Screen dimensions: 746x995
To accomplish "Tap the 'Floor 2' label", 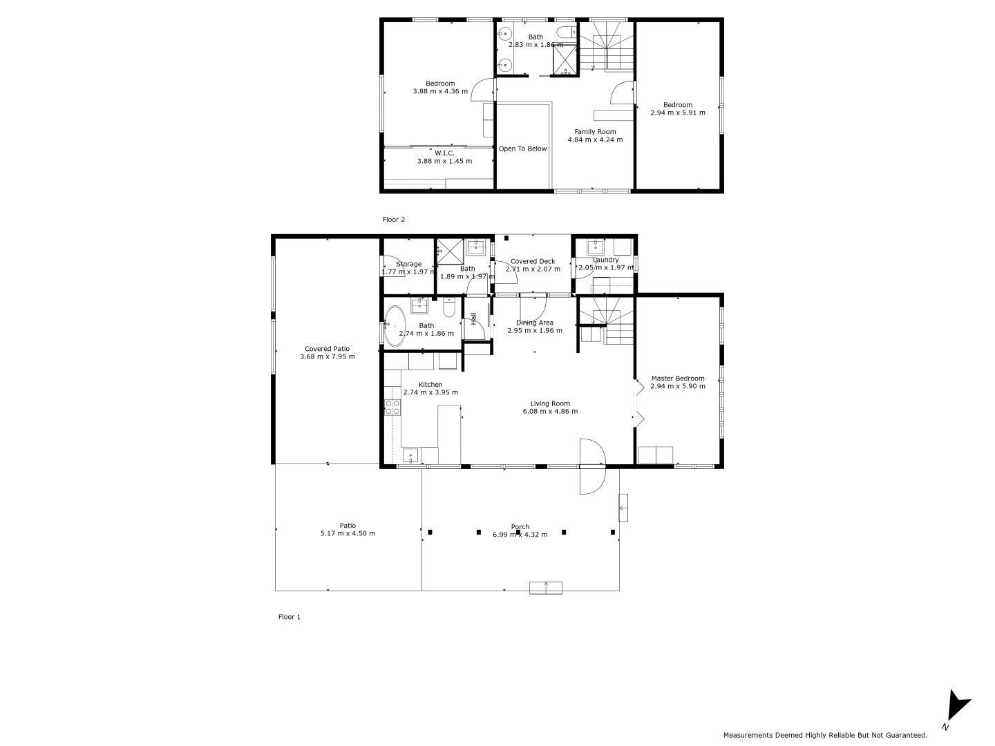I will click(x=394, y=220).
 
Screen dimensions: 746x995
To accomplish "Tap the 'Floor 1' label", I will click(x=289, y=617).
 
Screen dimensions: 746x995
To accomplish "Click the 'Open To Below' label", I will click(x=522, y=149).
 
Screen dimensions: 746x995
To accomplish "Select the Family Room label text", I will click(x=595, y=131).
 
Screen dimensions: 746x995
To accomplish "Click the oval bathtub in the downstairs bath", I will click(x=396, y=326).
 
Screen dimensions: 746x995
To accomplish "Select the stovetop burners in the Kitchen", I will click(x=392, y=408).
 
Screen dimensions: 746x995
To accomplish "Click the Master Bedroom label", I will click(x=677, y=379).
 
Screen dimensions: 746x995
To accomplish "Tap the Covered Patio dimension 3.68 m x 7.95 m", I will click(x=327, y=357).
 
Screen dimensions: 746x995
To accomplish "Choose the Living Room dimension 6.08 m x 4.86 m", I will click(x=550, y=412).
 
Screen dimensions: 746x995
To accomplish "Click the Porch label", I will click(x=520, y=527).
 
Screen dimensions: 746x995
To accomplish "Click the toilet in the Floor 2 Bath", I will click(x=566, y=31).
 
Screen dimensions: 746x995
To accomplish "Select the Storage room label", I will click(x=408, y=264).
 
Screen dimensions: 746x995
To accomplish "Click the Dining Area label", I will click(x=535, y=323).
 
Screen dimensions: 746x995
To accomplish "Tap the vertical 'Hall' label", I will click(x=474, y=318).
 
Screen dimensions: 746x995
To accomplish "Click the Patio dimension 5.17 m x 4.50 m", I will click(x=348, y=533).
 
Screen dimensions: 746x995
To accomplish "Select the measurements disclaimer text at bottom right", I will click(x=825, y=735).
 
